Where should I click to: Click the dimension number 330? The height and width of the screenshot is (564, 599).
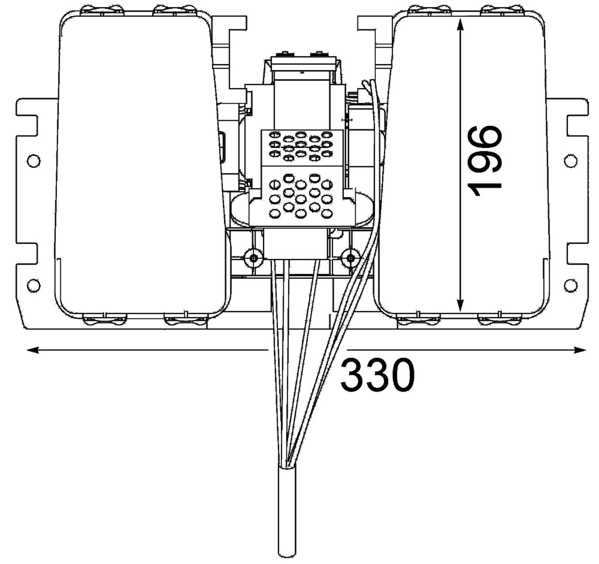click(377, 375)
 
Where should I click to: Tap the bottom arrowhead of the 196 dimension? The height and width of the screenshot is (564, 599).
click(460, 305)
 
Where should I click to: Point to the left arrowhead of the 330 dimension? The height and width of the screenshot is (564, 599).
click(33, 350)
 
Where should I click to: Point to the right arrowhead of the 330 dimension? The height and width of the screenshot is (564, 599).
click(579, 350)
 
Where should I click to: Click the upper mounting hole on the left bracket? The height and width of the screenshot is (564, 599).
click(34, 160)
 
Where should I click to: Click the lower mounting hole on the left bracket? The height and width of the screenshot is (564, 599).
click(34, 285)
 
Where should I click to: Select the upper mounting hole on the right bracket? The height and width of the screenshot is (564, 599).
click(570, 160)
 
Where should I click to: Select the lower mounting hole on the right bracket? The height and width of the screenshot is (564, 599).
click(570, 285)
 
